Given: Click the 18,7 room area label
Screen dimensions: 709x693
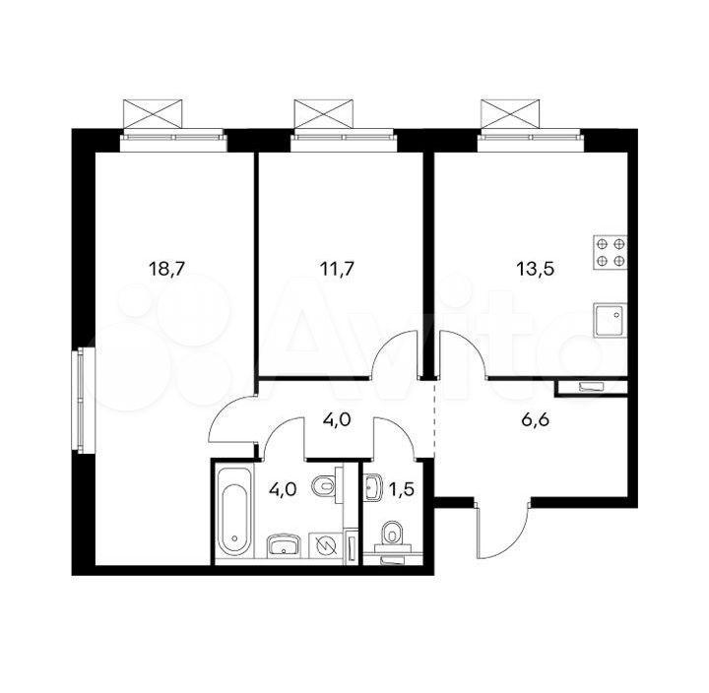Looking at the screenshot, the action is pyautogui.click(x=167, y=270).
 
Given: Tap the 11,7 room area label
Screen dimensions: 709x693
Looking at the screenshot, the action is pyautogui.click(x=337, y=270).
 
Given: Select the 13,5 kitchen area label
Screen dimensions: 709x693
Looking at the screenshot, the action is pyautogui.click(x=535, y=270).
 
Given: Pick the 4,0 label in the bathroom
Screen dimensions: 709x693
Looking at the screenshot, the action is pyautogui.click(x=283, y=489).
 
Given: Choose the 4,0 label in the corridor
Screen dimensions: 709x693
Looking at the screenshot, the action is pyautogui.click(x=337, y=420).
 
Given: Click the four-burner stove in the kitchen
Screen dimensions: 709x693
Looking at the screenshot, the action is pyautogui.click(x=610, y=252).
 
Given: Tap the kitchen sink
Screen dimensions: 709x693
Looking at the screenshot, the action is pyautogui.click(x=610, y=320).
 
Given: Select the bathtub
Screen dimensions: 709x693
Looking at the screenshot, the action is pyautogui.click(x=234, y=513).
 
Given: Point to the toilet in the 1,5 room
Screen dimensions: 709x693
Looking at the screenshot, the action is pyautogui.click(x=392, y=536).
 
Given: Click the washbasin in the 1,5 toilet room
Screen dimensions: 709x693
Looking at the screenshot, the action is pyautogui.click(x=374, y=487).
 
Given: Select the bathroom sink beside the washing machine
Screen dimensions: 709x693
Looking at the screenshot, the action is pyautogui.click(x=284, y=544).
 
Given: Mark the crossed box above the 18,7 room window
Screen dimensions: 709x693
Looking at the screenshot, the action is pyautogui.click(x=153, y=114).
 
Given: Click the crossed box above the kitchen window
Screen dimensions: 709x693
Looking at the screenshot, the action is pyautogui.click(x=510, y=114).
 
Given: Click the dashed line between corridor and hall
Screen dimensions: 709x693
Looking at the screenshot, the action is pyautogui.click(x=434, y=419).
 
